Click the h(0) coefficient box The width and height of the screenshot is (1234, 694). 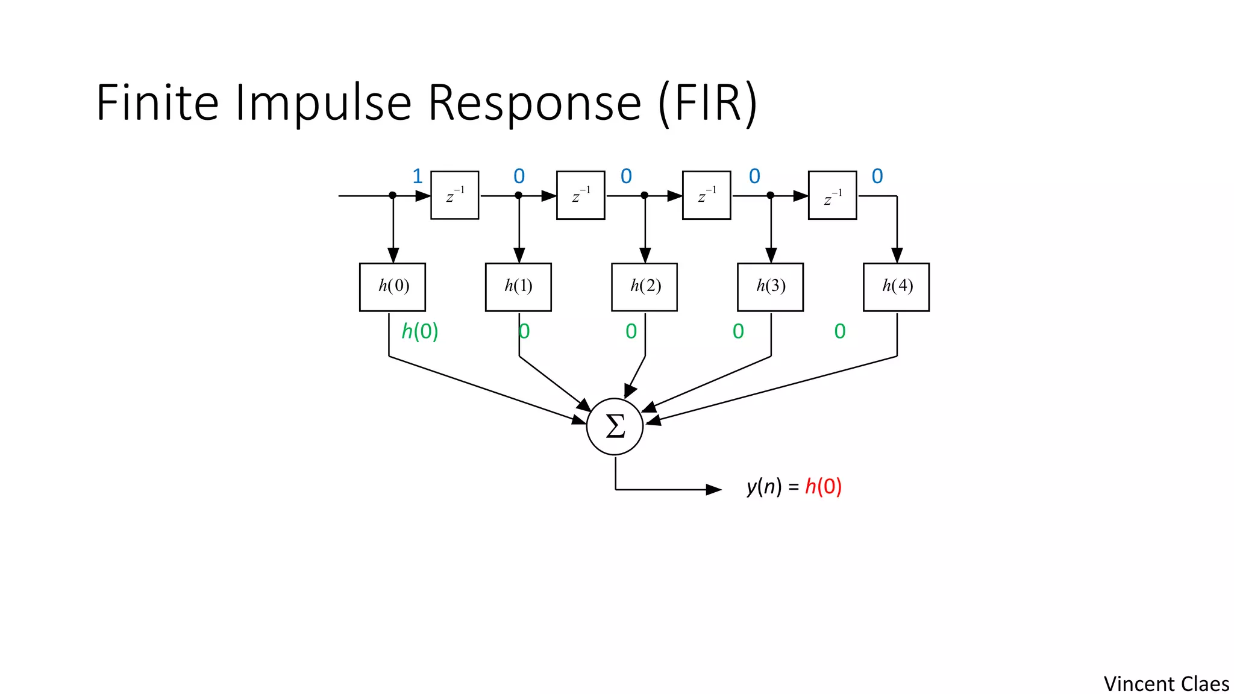tap(392, 287)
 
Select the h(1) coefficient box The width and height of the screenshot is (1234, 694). tap(518, 287)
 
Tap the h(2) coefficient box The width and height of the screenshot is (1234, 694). tap(644, 287)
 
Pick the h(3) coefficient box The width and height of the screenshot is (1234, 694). tap(770, 287)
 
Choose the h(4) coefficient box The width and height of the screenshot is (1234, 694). tap(896, 287)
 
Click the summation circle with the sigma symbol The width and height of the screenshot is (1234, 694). tap(615, 427)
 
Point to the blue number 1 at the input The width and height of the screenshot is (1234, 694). tap(417, 177)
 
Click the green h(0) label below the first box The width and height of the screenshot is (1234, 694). tap(420, 331)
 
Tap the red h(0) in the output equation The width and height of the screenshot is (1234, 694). tap(823, 486)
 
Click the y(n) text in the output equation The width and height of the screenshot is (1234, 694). tap(764, 486)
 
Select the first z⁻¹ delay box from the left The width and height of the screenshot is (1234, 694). tap(455, 195)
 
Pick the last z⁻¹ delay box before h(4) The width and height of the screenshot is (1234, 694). tap(832, 195)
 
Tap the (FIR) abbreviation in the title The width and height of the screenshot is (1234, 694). tap(707, 103)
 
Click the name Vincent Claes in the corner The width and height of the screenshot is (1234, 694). tap(1166, 684)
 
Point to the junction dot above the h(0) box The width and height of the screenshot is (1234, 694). tap(393, 195)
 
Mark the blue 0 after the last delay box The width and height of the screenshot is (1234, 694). tap(877, 177)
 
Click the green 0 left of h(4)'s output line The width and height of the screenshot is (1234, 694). tap(840, 331)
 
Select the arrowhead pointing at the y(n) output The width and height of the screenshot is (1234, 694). tap(713, 489)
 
